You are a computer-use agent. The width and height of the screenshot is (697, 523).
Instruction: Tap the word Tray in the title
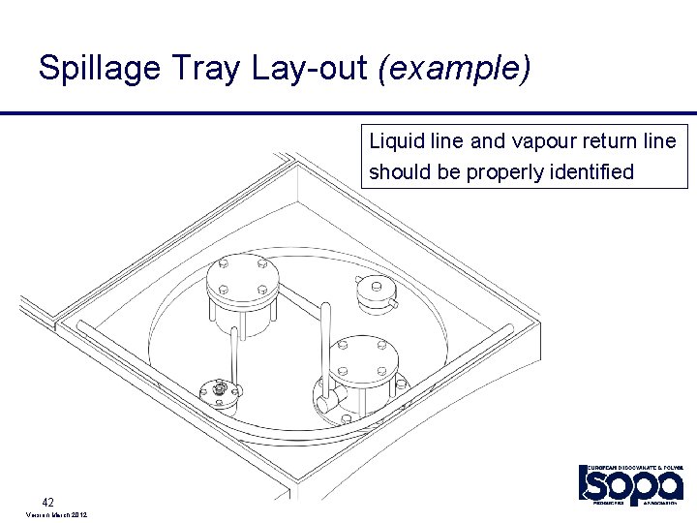pos(197,69)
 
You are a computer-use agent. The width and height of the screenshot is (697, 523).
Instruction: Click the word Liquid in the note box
pos(392,141)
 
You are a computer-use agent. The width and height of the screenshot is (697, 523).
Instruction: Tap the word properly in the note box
pos(501,172)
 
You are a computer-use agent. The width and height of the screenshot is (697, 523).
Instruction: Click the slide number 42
pos(47,501)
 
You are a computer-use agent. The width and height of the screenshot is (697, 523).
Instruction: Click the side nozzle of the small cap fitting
pos(393,303)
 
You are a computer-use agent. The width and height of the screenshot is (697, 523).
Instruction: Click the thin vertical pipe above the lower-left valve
pos(233,354)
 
